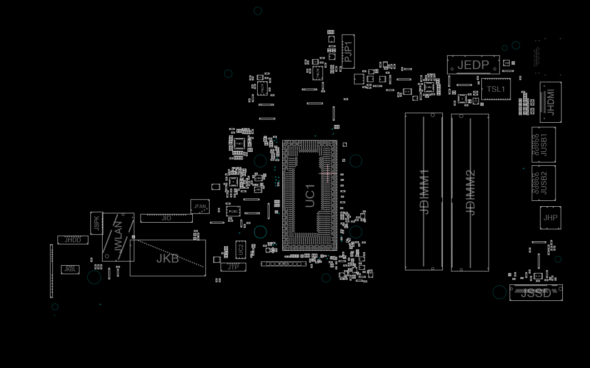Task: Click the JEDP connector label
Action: (x=473, y=65)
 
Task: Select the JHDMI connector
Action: (x=550, y=102)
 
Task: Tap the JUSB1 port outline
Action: (x=544, y=144)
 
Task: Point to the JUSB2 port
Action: (x=544, y=183)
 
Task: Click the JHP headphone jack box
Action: (x=550, y=218)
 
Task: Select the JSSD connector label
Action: (x=536, y=293)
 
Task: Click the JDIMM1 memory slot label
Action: (x=424, y=192)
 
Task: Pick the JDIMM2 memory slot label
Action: (x=470, y=192)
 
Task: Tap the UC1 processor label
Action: (x=310, y=196)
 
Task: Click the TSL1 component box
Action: (x=496, y=89)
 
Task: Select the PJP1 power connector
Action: (x=348, y=51)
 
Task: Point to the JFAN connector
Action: (x=200, y=207)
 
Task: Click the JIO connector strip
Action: (x=166, y=219)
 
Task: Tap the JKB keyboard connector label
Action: (x=168, y=259)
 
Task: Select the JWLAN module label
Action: (x=118, y=237)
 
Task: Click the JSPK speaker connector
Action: (x=96, y=223)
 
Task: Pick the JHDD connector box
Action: (x=73, y=240)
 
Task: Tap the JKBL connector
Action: (x=70, y=269)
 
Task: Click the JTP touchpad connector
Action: (x=233, y=267)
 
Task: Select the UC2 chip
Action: (x=240, y=249)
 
